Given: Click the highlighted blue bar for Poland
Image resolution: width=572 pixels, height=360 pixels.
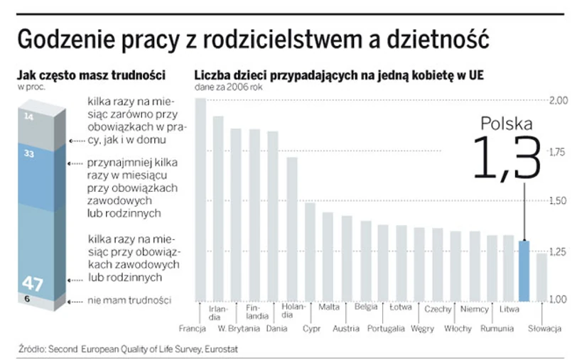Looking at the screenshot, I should click(524, 270).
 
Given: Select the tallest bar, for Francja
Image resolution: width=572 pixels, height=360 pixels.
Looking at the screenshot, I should click(200, 199).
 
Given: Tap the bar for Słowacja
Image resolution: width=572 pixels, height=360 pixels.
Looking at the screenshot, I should click(541, 276).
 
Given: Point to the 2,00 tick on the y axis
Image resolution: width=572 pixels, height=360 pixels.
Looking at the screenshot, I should click(558, 100).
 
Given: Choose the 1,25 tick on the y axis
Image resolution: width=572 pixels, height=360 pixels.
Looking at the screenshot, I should click(558, 251).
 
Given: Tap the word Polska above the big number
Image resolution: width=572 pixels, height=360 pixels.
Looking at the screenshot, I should click(507, 124).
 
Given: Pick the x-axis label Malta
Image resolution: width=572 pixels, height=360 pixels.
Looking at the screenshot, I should click(329, 308).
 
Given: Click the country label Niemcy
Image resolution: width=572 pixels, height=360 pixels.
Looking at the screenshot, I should click(475, 308).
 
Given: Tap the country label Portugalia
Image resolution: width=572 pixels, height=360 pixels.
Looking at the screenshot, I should click(387, 329).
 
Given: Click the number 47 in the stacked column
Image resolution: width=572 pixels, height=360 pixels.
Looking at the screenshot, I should click(33, 283).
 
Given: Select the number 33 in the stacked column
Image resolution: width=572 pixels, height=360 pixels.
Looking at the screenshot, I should click(29, 153).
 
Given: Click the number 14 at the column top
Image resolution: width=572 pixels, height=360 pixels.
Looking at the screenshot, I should click(28, 115).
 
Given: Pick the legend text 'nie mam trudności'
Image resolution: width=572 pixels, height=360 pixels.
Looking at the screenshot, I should click(129, 301).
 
